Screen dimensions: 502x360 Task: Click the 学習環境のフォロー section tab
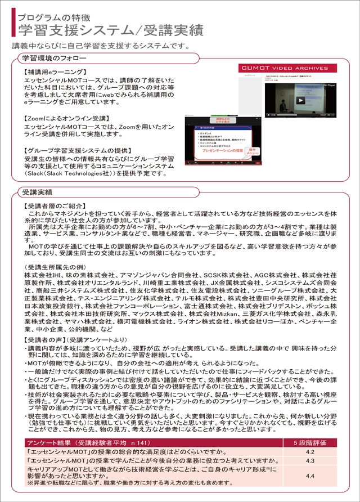point(54,58)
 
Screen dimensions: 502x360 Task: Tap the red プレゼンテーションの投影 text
point(222,151)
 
